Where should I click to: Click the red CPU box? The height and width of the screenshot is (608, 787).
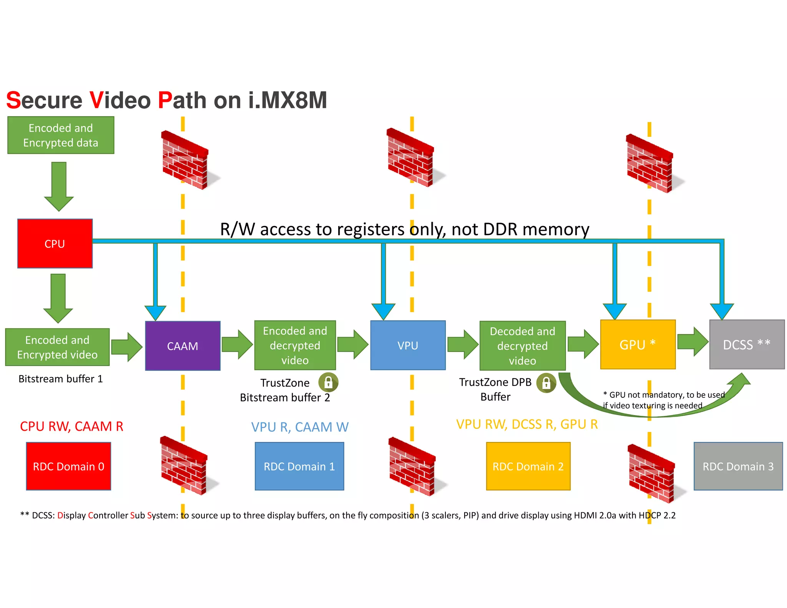[x=55, y=243]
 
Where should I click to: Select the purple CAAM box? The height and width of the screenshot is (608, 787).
[x=183, y=346]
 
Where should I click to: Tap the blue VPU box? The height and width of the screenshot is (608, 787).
[x=408, y=345]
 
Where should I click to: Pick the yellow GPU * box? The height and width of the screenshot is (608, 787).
[x=638, y=344]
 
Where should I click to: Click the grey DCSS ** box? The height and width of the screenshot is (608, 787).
[x=747, y=344]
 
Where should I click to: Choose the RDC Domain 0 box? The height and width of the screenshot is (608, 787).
[x=68, y=466]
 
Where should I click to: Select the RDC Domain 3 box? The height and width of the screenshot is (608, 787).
[x=738, y=466]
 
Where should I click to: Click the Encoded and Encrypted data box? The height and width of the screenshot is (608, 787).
[x=61, y=135]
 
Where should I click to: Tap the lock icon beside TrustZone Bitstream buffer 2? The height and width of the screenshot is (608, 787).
[x=328, y=382]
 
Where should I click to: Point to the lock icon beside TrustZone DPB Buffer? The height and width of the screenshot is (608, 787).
[x=546, y=383]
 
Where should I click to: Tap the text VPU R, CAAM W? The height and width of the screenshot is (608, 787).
[x=300, y=427]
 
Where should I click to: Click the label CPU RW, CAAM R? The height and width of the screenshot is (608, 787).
[x=71, y=426]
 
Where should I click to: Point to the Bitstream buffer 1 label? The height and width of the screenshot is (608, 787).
[x=61, y=379]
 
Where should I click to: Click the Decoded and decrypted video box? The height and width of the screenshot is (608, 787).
[x=522, y=346]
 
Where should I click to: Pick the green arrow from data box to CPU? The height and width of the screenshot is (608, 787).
[x=59, y=186]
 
